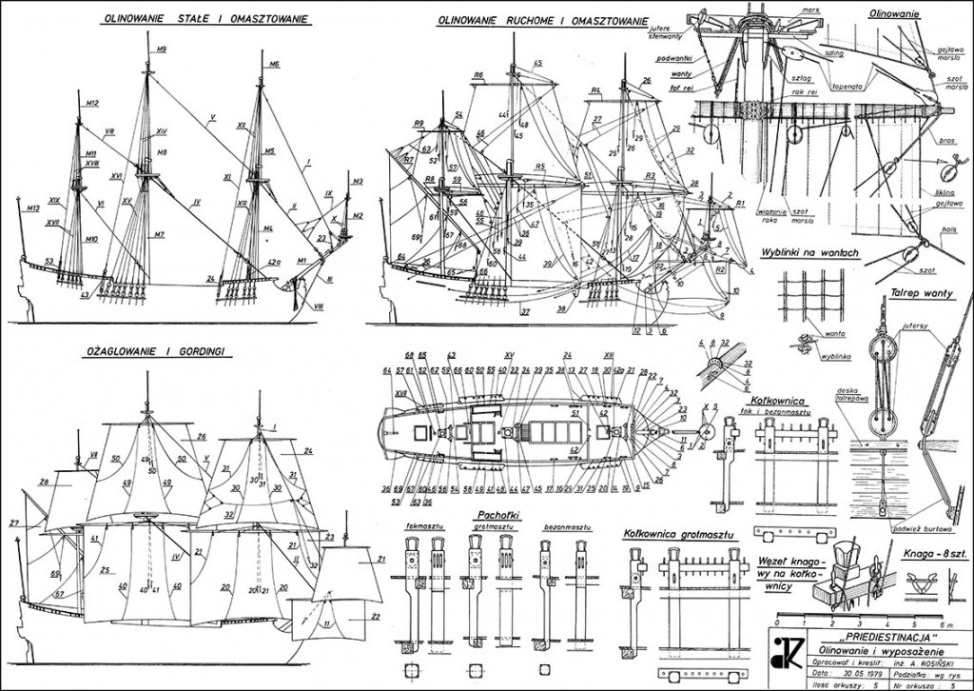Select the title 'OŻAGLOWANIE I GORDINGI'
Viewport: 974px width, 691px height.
162,351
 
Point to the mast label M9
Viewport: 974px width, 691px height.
160,49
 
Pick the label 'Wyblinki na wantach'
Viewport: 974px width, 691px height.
810,252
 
